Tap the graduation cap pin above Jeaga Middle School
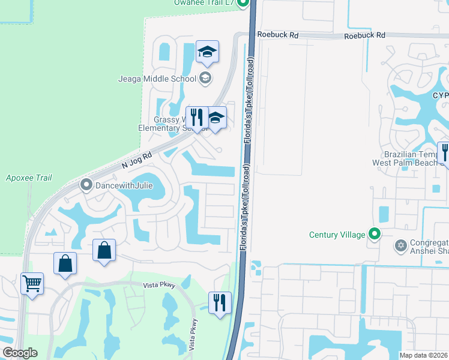coord(207,52)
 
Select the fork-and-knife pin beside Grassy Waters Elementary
coord(196,117)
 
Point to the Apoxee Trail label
coord(29,178)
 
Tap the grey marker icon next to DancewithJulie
coord(86,185)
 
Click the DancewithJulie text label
coord(123,185)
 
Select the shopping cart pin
coord(32,283)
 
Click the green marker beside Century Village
coord(375,234)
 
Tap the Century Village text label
coord(337,235)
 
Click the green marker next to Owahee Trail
coord(243,4)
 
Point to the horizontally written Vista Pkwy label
coord(158,286)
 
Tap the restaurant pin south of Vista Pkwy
coord(220,303)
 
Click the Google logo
coord(20,353)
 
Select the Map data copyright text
coord(424,355)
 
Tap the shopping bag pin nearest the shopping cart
coord(65,264)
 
